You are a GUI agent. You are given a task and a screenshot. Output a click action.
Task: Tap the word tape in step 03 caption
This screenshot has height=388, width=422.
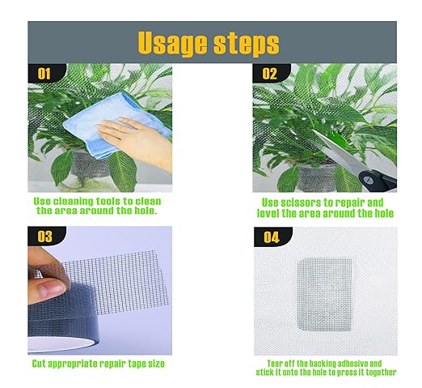pos(134,364)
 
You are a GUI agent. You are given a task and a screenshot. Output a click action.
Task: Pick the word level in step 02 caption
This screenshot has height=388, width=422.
pos(275,213)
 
